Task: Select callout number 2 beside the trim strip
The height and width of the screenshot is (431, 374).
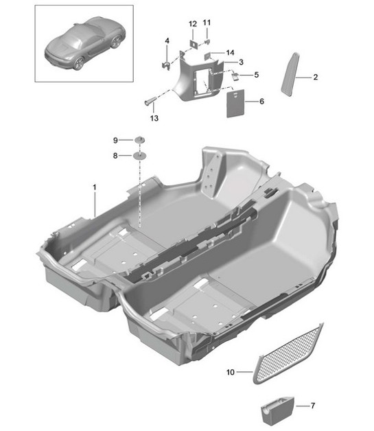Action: click(315, 78)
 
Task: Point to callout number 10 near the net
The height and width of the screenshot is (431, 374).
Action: click(231, 373)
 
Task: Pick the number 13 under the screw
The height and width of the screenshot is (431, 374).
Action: click(153, 119)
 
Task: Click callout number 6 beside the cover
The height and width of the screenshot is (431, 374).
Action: click(261, 101)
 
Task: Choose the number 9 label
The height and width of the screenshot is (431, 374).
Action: click(116, 140)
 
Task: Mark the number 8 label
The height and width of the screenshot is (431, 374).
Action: click(116, 156)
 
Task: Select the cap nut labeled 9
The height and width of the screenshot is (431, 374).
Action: click(140, 140)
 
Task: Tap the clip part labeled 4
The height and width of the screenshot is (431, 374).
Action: click(166, 64)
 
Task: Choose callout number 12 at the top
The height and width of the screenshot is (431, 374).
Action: click(193, 25)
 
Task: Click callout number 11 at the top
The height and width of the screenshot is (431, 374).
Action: click(208, 25)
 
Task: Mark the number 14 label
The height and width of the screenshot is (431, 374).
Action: click(230, 53)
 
